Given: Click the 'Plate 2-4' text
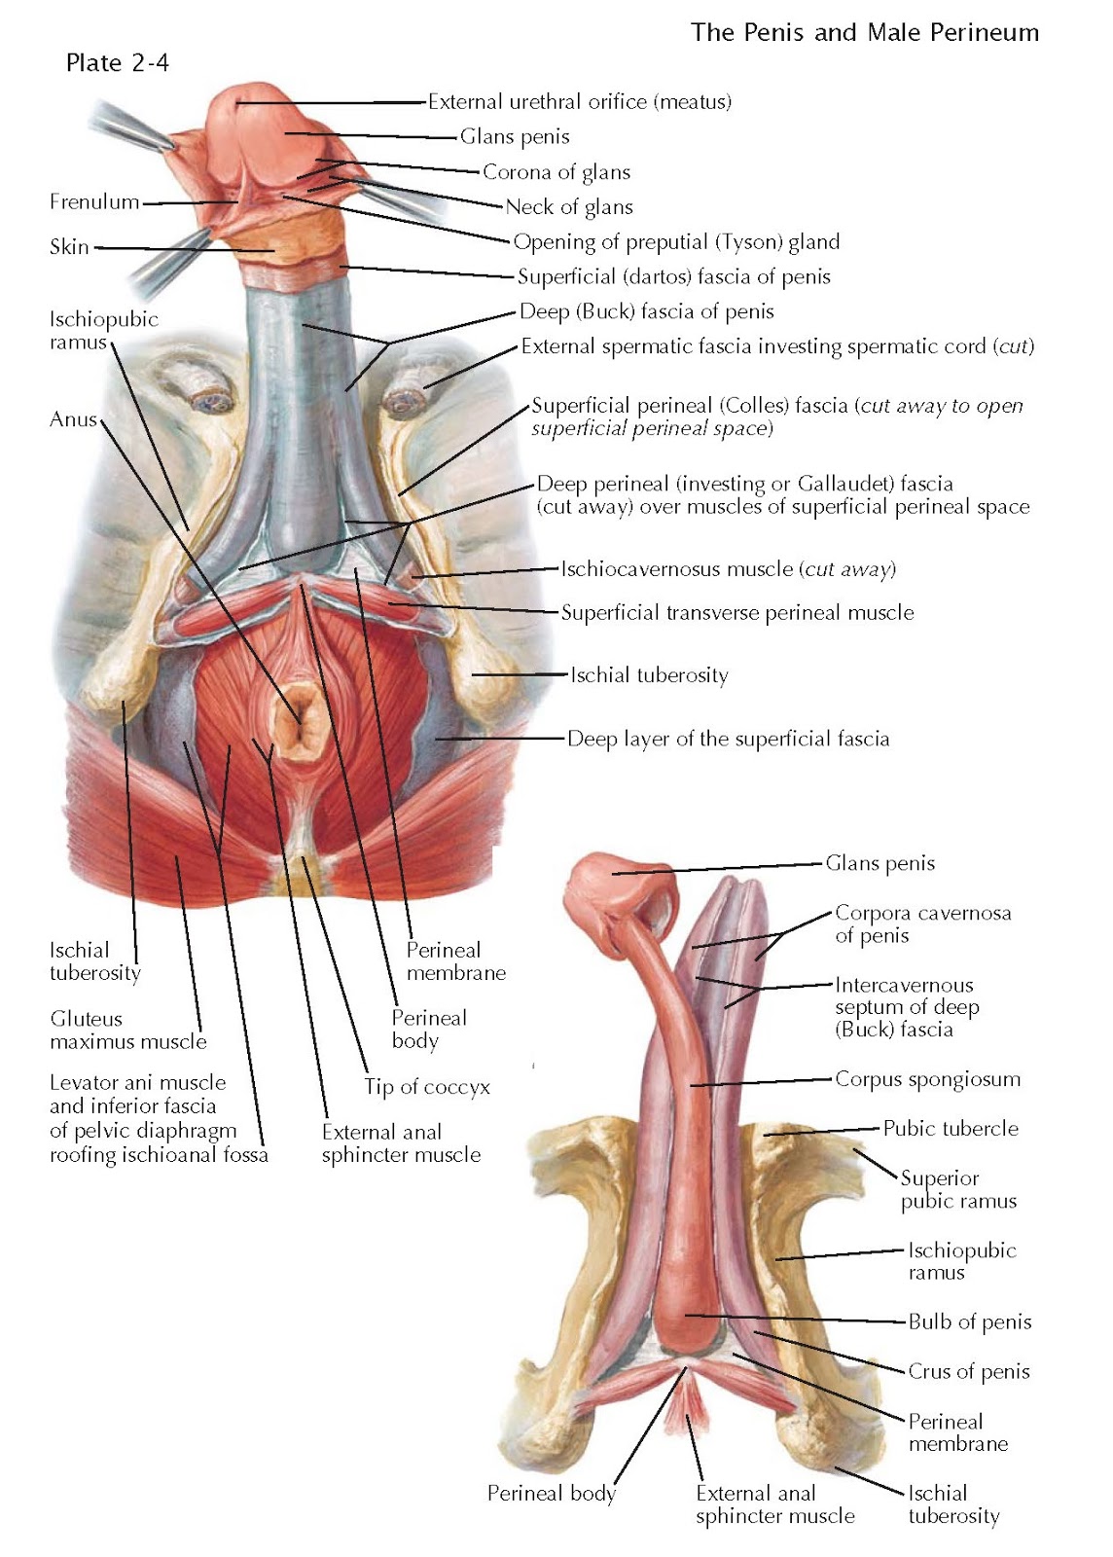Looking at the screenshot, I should pyautogui.click(x=117, y=63).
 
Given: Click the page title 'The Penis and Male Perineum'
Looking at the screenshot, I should pyautogui.click(x=864, y=32).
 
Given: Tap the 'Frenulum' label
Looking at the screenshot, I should pyautogui.click(x=94, y=202).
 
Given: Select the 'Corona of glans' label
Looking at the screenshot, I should pyautogui.click(x=556, y=172).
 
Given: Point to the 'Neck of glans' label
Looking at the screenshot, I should pyautogui.click(x=569, y=207).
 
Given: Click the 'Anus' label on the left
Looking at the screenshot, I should pyautogui.click(x=74, y=419).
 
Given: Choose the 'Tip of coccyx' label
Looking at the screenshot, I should pyautogui.click(x=427, y=1087).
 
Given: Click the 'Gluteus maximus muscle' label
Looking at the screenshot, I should pyautogui.click(x=128, y=1031).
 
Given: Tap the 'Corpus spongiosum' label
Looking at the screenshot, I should pyautogui.click(x=927, y=1079).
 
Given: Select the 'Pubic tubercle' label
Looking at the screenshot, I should pyautogui.click(x=951, y=1129).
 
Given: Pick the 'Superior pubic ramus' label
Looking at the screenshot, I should pyautogui.click(x=958, y=1189).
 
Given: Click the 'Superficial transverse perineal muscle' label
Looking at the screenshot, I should pyautogui.click(x=737, y=613).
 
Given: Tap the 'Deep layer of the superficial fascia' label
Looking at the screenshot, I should pyautogui.click(x=728, y=739).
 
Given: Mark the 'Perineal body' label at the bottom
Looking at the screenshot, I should pyautogui.click(x=552, y=1493).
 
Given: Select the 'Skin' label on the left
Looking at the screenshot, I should pyautogui.click(x=69, y=247).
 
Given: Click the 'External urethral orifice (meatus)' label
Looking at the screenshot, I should pyautogui.click(x=580, y=101).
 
